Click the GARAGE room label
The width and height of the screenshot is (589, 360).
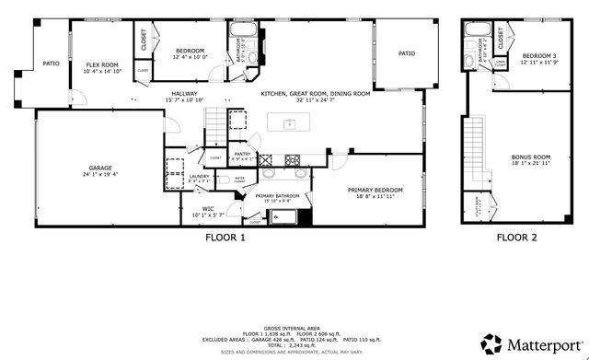click(x=106, y=167)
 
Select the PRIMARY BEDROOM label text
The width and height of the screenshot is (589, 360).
click(x=371, y=191)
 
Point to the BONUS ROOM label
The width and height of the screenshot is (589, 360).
click(x=525, y=157)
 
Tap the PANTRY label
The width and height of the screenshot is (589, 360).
click(x=242, y=154)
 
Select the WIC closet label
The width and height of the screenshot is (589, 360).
click(x=208, y=209)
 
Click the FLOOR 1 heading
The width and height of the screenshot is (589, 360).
click(x=225, y=238)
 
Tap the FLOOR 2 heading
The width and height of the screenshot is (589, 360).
click(x=517, y=238)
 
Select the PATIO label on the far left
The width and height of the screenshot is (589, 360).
click(x=52, y=64)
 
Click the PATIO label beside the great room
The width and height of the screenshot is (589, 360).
click(x=406, y=53)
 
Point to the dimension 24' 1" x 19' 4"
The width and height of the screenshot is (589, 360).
click(x=106, y=173)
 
